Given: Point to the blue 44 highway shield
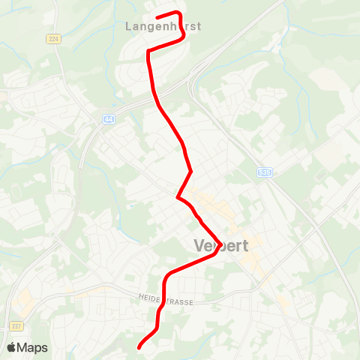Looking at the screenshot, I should pos(109,118).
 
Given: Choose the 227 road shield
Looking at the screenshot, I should pos(16,325).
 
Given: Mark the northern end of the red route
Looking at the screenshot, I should pos(156,16).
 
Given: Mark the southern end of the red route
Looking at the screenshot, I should pos(139,347).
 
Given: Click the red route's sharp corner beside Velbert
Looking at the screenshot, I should pos(217,252).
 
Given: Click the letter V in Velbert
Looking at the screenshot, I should pos(199,246).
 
